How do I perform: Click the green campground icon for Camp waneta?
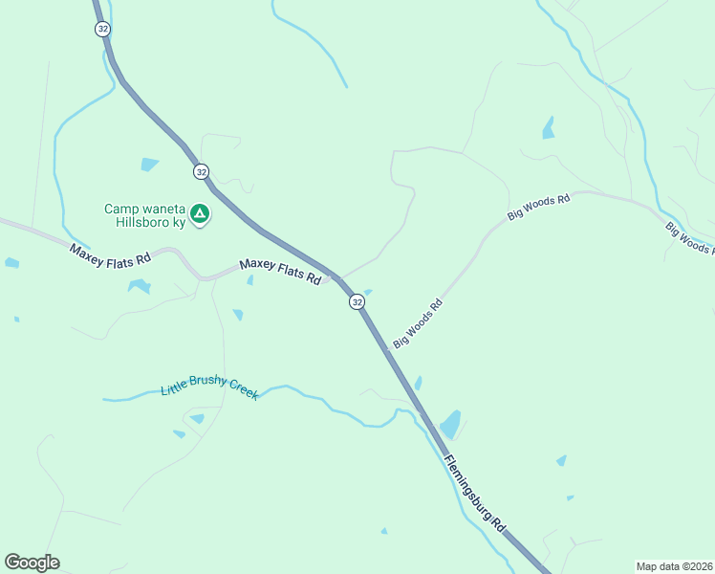point(200,214)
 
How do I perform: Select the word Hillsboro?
point(135,223)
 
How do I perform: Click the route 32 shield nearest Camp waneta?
point(200,171)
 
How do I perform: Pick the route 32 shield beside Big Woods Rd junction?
point(357,301)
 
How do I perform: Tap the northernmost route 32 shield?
point(102,29)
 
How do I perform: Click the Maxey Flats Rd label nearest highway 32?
point(280,272)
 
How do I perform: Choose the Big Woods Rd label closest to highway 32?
point(418,323)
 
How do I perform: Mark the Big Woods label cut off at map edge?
point(689,239)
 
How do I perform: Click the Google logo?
point(32,563)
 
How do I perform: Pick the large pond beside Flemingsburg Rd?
point(449,424)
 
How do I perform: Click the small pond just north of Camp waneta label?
point(149,165)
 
